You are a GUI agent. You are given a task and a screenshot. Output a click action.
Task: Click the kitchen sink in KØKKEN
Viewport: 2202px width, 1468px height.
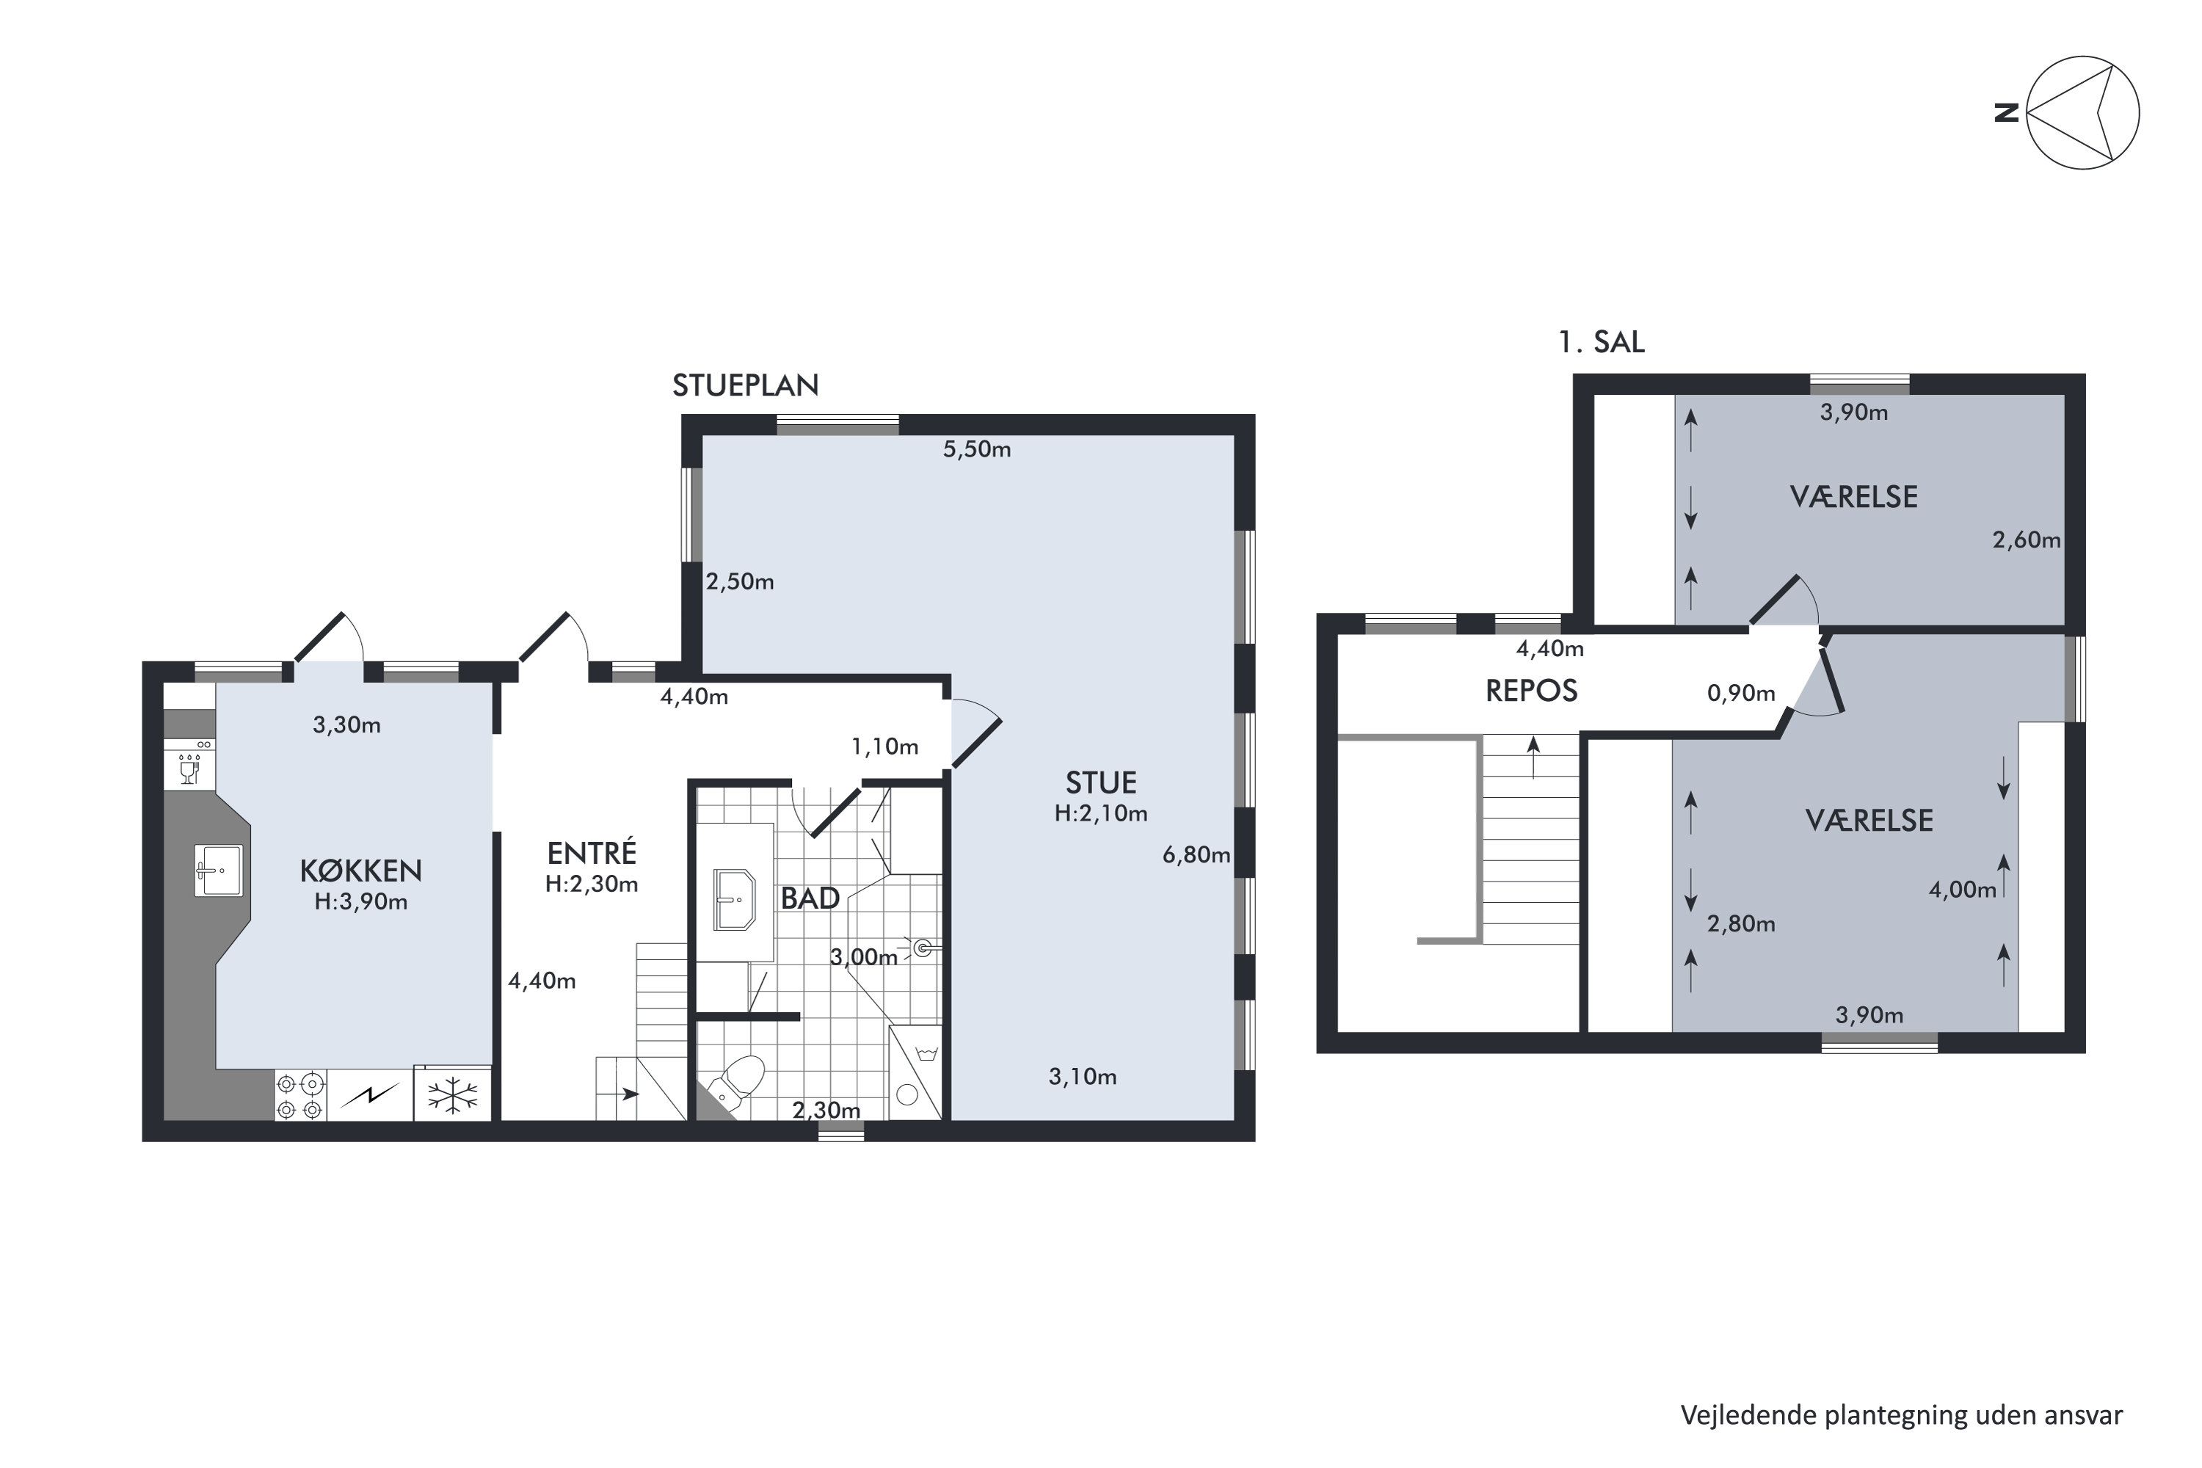(x=218, y=870)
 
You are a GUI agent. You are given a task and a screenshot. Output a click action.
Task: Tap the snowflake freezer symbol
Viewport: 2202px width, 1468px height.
(x=452, y=1094)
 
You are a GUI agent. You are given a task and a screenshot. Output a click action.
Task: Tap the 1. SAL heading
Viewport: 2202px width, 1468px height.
(x=1600, y=343)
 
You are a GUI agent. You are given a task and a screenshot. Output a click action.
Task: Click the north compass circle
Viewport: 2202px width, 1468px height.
(x=2082, y=113)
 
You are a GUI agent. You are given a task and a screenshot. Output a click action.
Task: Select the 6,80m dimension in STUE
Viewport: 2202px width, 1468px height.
(x=1196, y=855)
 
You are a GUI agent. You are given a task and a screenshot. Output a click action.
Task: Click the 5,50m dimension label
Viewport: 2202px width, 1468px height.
(x=976, y=449)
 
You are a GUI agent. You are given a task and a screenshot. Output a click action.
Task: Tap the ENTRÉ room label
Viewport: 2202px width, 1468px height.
(x=592, y=853)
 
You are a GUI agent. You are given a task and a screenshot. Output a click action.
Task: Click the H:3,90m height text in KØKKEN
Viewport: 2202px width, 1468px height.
(x=360, y=901)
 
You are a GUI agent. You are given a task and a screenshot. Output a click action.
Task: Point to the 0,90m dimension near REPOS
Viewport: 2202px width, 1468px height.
(x=1740, y=694)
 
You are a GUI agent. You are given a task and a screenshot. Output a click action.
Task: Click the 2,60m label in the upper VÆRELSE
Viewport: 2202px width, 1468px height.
(x=2025, y=540)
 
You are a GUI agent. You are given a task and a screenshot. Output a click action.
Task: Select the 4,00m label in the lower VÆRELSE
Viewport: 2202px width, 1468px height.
(x=1961, y=890)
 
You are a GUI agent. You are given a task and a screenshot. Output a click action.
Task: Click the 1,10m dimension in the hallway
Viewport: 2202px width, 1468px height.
(x=884, y=747)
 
